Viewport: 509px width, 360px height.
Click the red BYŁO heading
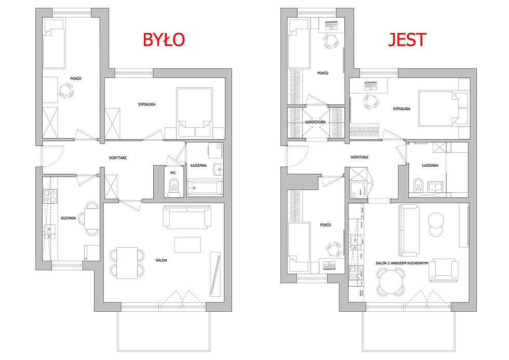point(164,39)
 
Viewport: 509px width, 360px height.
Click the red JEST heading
point(407,39)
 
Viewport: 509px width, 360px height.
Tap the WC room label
point(173,173)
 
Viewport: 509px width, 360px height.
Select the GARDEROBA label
point(315,122)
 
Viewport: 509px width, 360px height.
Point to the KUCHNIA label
point(69,218)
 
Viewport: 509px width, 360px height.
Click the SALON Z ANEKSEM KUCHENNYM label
point(402,263)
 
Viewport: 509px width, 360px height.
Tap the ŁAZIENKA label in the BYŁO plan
point(198,165)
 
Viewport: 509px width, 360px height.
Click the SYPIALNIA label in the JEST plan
point(401,109)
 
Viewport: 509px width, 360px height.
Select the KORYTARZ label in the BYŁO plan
point(118,158)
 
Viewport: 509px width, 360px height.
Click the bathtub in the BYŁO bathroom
point(205,189)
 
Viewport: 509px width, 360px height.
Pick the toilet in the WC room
point(174,186)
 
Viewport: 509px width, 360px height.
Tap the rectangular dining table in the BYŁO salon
point(127,263)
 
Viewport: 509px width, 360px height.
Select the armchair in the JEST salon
point(443,270)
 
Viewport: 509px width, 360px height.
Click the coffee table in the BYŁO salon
point(187,245)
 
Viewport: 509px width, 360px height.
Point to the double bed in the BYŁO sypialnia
point(194,112)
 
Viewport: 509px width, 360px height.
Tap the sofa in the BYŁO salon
point(187,216)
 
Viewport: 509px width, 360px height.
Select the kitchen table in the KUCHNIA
point(92,219)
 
